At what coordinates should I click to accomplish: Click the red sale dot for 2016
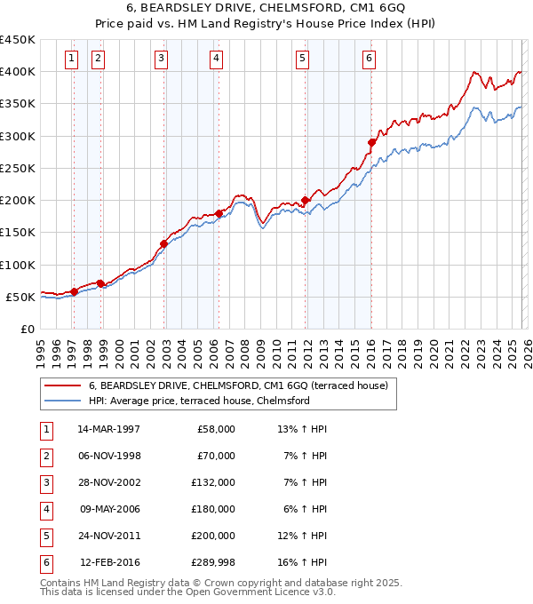[x=372, y=142]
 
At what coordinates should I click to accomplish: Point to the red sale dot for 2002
[x=164, y=243]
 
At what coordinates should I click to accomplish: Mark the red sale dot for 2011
[x=306, y=200]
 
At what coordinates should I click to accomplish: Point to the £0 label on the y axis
[x=27, y=329]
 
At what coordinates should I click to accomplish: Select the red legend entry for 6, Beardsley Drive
[x=237, y=385]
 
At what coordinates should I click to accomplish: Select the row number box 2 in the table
[x=45, y=456]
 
